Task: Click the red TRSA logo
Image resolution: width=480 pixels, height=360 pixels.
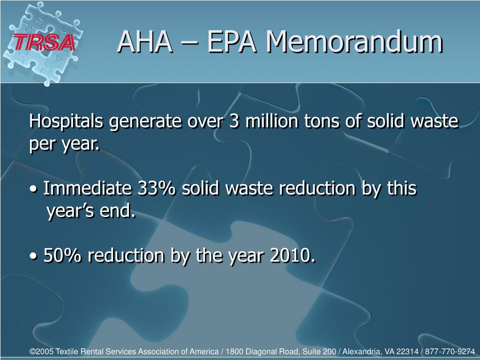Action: pos(44,43)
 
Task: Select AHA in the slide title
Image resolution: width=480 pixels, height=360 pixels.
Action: pos(144,42)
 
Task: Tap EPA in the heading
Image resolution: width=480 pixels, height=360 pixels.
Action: pos(232,42)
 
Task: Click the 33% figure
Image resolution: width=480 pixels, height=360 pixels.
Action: pos(157,188)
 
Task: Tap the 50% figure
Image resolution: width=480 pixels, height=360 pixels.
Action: pos(62,255)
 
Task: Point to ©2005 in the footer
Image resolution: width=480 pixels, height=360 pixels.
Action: pos(41,351)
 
